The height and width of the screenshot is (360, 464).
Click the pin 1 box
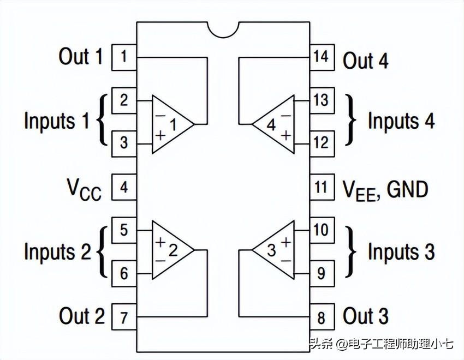[x=124, y=57]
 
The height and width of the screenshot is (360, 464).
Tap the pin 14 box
[x=321, y=57]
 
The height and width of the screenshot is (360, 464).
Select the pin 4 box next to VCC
[x=124, y=187]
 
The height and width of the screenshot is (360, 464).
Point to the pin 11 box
[x=321, y=187]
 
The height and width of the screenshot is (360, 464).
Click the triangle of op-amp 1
[x=170, y=124]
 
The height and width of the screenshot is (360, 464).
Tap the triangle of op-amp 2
[x=170, y=250]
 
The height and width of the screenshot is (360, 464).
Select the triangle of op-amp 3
[x=276, y=250]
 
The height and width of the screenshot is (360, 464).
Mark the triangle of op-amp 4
[x=276, y=124]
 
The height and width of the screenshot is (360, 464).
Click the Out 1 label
[x=80, y=57]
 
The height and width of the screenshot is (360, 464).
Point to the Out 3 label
[x=366, y=316]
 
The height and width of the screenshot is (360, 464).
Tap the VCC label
[x=84, y=189]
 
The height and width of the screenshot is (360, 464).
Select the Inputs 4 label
[x=401, y=121]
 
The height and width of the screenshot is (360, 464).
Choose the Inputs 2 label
[x=57, y=252]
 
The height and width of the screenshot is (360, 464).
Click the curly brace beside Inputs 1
[x=102, y=120]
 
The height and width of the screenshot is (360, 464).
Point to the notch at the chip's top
[x=223, y=29]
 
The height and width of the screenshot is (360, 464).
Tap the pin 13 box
[x=321, y=100]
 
